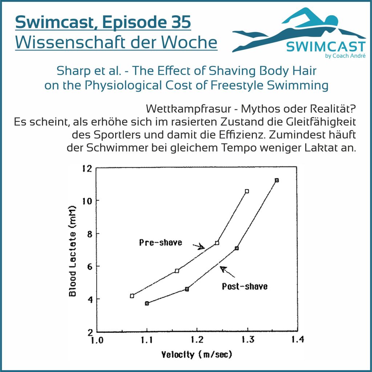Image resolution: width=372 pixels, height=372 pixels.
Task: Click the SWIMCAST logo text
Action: (x=325, y=47)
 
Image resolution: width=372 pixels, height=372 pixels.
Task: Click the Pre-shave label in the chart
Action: (x=161, y=242)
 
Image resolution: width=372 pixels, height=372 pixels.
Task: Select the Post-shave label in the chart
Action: (x=244, y=286)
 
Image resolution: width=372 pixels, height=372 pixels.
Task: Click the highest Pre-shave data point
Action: (x=247, y=191)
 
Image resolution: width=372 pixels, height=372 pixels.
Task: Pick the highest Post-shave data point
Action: (x=277, y=180)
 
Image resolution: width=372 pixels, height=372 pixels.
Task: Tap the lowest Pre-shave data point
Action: (x=132, y=296)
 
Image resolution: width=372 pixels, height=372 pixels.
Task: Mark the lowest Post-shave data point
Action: (x=147, y=303)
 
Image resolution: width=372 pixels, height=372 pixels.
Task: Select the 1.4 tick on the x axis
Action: (x=297, y=341)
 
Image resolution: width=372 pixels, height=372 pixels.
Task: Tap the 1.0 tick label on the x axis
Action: (x=96, y=341)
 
